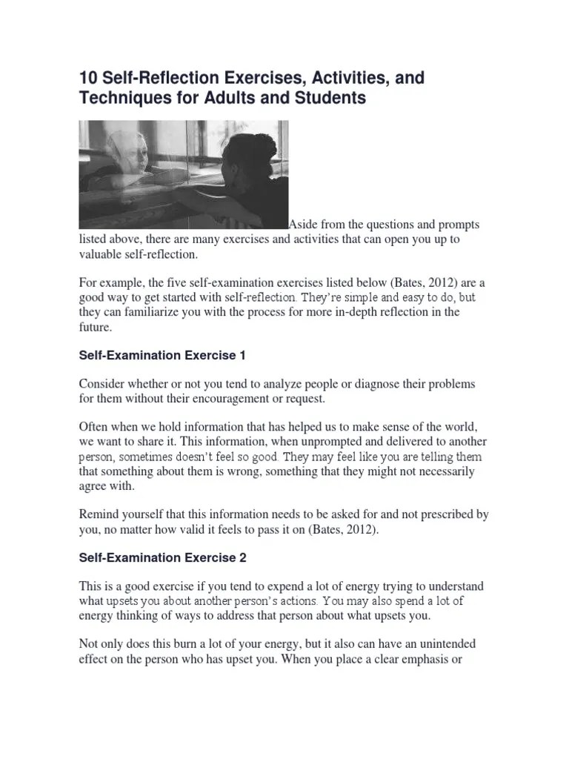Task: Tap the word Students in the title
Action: pos(330,98)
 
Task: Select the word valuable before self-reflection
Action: pos(103,253)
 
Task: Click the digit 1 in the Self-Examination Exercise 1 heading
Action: pos(242,356)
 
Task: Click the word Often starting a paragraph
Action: pos(94,428)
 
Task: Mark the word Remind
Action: pos(100,515)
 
